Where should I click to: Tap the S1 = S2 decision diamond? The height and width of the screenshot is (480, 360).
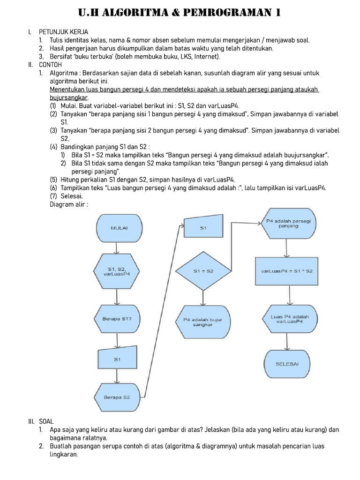203,271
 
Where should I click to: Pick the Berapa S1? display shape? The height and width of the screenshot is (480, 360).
117,319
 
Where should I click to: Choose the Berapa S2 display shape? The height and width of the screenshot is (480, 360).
117,397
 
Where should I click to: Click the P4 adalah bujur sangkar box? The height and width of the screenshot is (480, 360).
202,322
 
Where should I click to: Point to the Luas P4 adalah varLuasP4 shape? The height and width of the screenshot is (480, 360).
290,319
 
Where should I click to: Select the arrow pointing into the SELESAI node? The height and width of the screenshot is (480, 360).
290,342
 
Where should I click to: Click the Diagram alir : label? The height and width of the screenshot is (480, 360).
69,204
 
